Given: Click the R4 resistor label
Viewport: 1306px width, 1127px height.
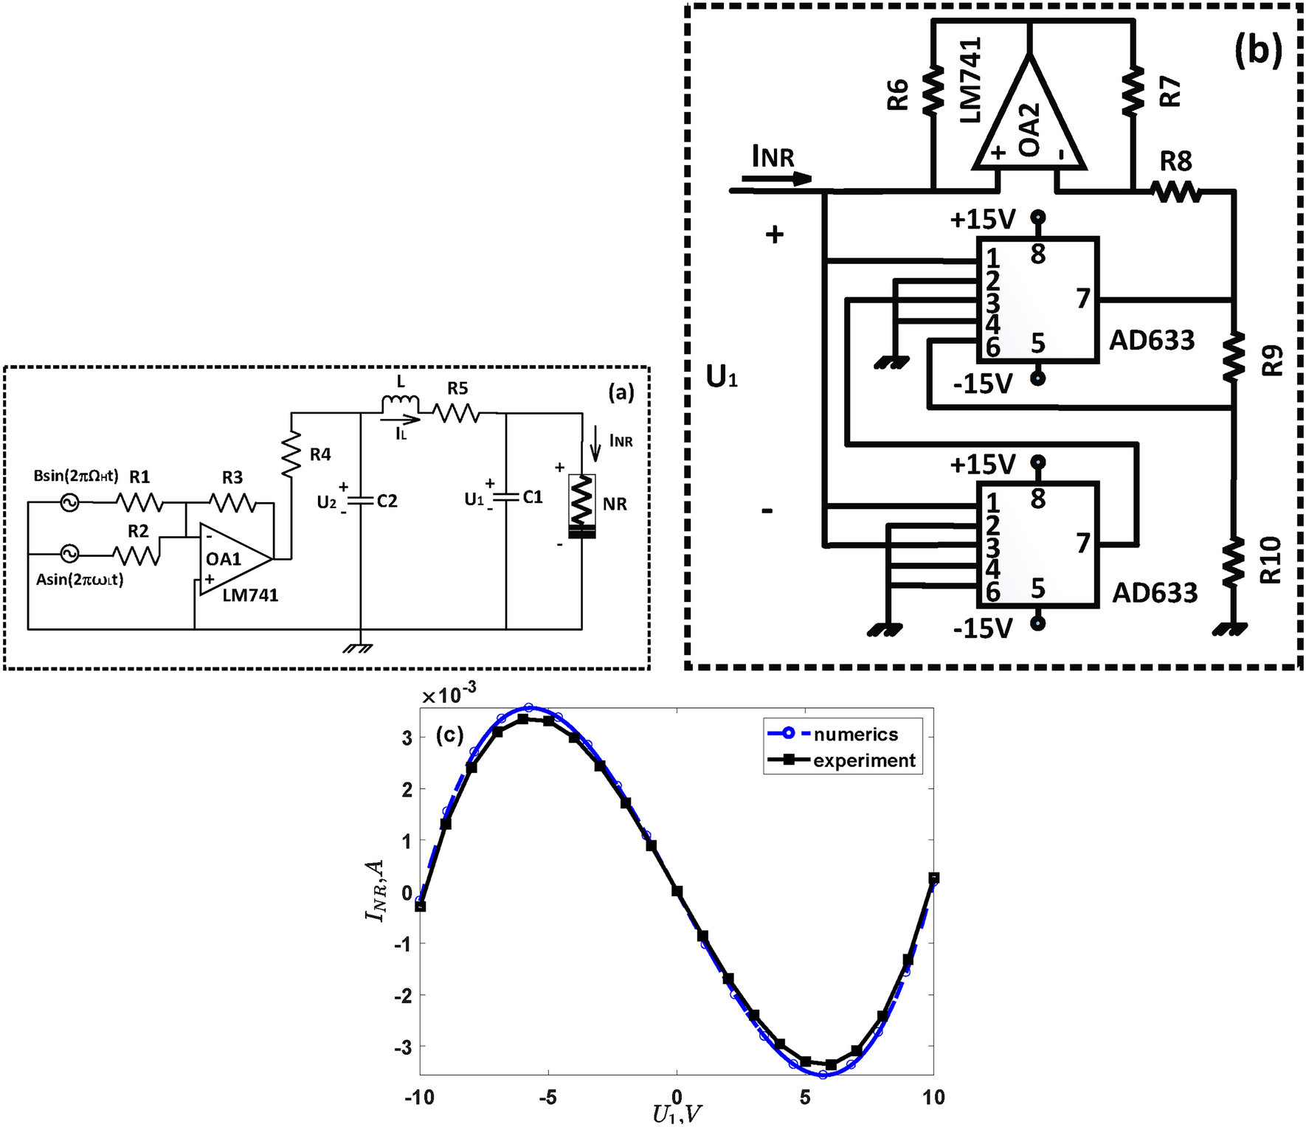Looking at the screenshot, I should tap(320, 454).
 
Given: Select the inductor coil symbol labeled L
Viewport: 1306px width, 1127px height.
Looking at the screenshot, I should tap(400, 405).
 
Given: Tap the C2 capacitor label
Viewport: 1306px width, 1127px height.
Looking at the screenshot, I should tap(387, 501).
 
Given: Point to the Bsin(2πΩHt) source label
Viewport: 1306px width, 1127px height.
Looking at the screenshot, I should tap(76, 476).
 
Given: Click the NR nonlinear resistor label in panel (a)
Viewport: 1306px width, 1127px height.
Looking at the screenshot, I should tap(615, 504).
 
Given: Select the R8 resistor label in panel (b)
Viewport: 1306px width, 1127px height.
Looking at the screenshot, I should tap(1175, 161).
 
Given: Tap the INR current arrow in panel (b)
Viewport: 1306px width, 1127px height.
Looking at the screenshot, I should tap(776, 178).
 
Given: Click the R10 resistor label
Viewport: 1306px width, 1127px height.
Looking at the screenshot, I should tap(1271, 560).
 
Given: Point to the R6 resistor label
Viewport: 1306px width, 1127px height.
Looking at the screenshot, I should tap(898, 94).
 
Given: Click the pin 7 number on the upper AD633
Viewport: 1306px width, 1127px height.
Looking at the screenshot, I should tap(1082, 299).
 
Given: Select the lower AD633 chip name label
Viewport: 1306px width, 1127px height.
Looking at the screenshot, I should tap(1155, 592).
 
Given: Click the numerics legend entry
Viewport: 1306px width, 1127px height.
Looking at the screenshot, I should tap(854, 734).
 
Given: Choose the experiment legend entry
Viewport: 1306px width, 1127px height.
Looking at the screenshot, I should tap(863, 760).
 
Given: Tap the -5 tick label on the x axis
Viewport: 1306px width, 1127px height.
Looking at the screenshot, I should tap(547, 1097).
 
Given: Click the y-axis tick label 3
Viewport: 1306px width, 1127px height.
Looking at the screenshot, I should tap(407, 737).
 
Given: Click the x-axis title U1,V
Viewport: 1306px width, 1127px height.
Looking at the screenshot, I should tap(677, 1115).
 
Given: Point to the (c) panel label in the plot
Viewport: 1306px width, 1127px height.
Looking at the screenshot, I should tap(449, 735).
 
